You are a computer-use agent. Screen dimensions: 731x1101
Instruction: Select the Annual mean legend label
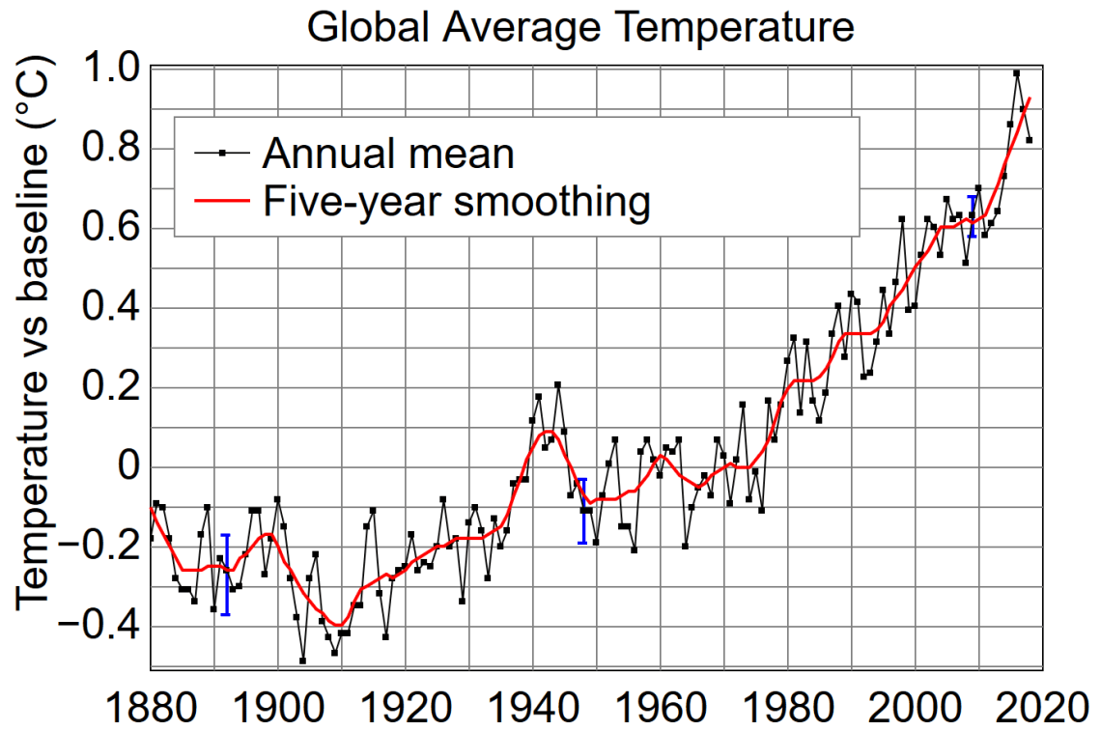[387, 153]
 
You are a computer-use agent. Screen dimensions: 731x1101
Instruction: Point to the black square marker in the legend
[222, 153]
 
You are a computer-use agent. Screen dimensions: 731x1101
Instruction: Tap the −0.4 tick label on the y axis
[100, 627]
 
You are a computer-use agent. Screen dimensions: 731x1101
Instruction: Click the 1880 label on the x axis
[151, 710]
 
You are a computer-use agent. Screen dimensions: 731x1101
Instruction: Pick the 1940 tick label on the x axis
[533, 710]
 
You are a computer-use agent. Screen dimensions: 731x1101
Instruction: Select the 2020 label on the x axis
[1041, 710]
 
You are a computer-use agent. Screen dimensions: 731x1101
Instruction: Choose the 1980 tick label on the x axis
[788, 710]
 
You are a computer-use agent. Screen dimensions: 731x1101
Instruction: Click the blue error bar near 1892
[225, 575]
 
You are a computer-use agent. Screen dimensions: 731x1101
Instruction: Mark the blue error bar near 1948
[582, 511]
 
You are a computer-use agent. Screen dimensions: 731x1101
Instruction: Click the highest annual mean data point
[1016, 73]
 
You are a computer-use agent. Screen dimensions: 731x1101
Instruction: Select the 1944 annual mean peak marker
[557, 384]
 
